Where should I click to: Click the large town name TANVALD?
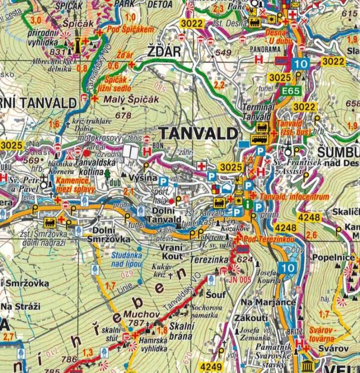point(198,134)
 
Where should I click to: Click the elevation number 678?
point(123,115)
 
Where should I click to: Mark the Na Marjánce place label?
point(261,302)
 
